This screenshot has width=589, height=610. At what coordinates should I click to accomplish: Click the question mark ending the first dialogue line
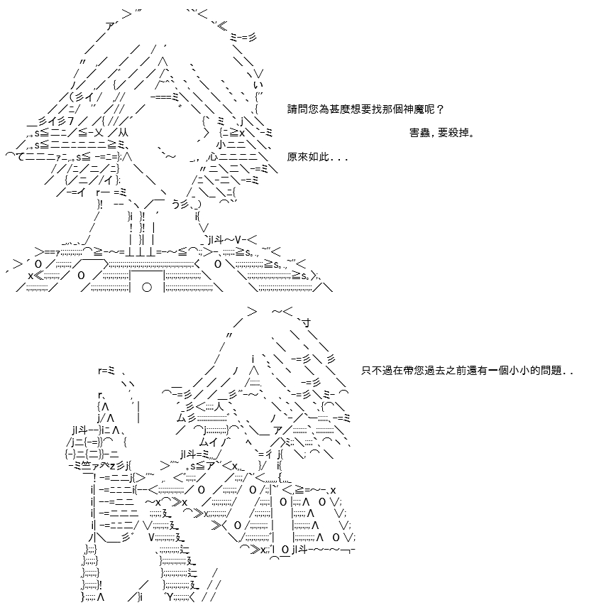point(440,109)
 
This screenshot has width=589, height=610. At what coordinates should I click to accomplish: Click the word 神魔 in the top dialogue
point(414,109)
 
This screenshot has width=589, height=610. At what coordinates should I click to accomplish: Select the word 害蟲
point(419,133)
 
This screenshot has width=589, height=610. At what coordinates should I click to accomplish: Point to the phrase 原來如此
point(308,157)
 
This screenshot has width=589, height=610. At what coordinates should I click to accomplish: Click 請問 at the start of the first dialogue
point(298,109)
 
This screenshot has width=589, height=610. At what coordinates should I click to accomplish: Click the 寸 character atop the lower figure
point(307,322)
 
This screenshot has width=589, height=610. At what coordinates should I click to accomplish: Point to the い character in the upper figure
point(258,85)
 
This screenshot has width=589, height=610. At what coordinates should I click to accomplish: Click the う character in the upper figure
point(176,204)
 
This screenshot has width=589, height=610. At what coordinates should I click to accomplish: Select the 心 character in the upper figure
point(213,157)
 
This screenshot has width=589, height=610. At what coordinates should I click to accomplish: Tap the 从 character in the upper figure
point(123,133)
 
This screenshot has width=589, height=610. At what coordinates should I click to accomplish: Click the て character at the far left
point(21,157)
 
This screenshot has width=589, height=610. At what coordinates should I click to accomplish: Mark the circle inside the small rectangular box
point(147,288)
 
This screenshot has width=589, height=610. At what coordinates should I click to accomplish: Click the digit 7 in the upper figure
point(70,121)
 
